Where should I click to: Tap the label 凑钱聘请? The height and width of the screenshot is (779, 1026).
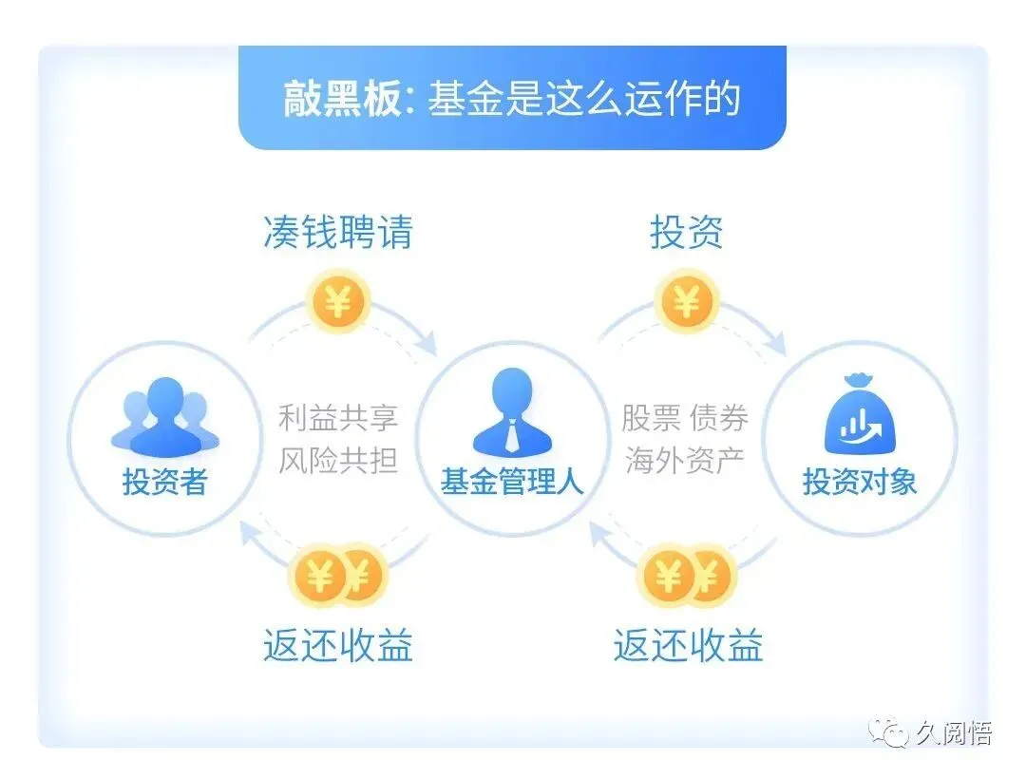click(x=338, y=232)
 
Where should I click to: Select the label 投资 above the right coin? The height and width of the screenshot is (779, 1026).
click(x=686, y=232)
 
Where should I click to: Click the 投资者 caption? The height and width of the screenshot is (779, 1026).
click(x=164, y=483)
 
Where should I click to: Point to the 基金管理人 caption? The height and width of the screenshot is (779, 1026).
click(x=512, y=483)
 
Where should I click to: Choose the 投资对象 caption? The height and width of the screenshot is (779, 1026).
click(x=860, y=483)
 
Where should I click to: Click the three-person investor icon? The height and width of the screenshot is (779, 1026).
click(x=164, y=418)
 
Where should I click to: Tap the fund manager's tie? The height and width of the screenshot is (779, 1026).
click(x=512, y=436)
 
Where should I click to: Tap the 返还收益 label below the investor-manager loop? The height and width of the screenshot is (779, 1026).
click(x=338, y=647)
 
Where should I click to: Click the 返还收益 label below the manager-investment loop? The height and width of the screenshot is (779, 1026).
click(x=688, y=647)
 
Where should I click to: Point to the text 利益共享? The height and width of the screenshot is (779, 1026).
click(x=338, y=418)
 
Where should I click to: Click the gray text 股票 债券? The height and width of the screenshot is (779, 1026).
click(x=685, y=418)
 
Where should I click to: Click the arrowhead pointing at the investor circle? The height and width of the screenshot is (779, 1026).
click(x=249, y=535)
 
